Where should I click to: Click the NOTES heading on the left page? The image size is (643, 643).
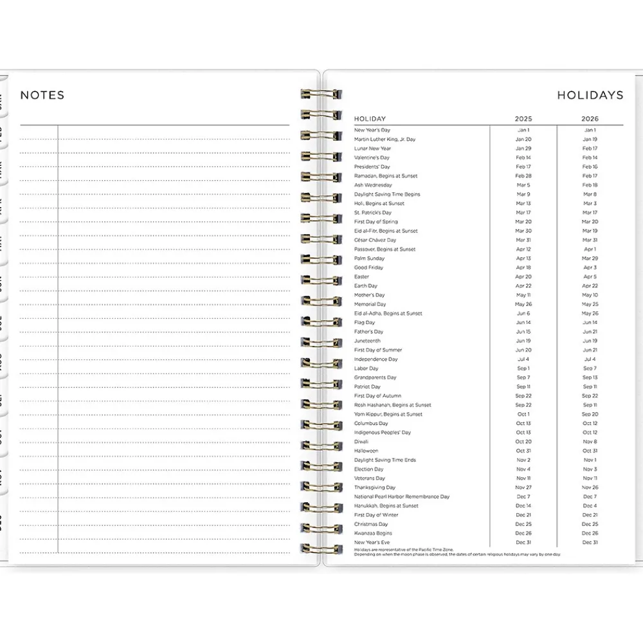tap(42, 95)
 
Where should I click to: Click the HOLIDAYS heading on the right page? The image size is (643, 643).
tap(590, 95)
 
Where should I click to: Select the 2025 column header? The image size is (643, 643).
tap(523, 119)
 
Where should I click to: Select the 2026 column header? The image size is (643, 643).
tap(590, 119)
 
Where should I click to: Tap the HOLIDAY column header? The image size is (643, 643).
tap(370, 119)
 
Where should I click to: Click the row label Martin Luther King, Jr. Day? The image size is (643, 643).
tap(385, 140)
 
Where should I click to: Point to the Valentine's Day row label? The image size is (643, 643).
tap(372, 158)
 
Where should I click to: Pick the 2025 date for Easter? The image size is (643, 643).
tap(523, 277)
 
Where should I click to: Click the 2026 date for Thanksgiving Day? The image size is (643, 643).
tap(590, 487)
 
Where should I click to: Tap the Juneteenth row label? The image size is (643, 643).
tap(367, 341)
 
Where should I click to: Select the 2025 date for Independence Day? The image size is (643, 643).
tap(523, 359)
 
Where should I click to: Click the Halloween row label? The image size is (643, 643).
tap(366, 451)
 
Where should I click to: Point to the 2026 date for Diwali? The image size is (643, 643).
tap(590, 442)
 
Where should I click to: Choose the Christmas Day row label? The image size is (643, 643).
tap(371, 524)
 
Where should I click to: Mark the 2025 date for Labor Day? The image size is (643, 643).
tap(523, 368)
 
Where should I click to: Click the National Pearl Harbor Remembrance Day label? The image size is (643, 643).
tap(401, 496)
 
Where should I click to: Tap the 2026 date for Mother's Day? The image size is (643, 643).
tap(590, 295)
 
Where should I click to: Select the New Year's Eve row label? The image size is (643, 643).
tap(372, 543)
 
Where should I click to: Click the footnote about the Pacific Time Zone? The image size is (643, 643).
tap(404, 550)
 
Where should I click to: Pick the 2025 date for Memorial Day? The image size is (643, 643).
tap(523, 304)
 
